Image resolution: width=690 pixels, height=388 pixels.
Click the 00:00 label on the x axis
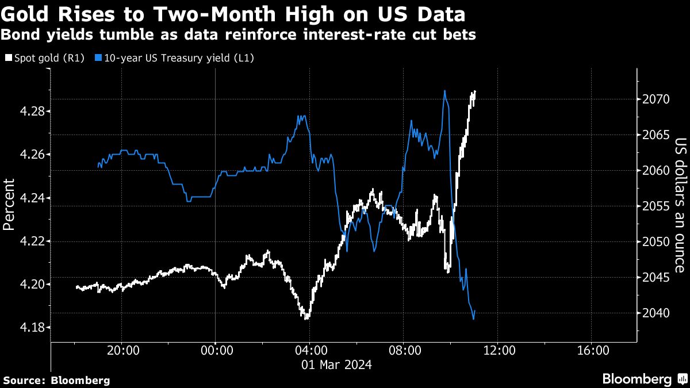coord(216,351)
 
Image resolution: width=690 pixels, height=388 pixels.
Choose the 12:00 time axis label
coord(498,351)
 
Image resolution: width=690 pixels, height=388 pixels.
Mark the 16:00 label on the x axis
coord(592,351)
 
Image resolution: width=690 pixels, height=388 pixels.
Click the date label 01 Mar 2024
coord(337,364)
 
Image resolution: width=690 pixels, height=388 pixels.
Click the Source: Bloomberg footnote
coord(56,380)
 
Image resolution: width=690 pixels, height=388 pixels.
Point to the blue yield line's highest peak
coord(444,91)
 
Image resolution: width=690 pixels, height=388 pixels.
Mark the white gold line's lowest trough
coord(307,317)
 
